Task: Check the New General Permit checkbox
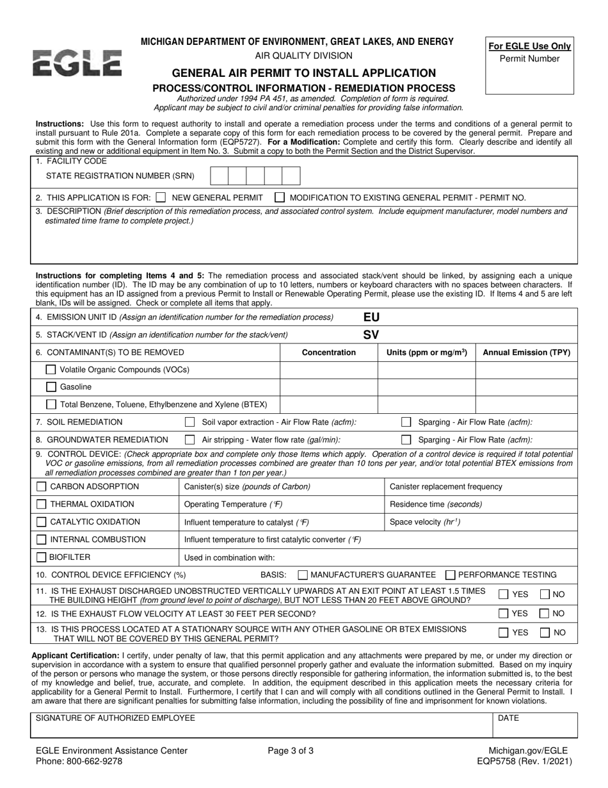click(x=161, y=197)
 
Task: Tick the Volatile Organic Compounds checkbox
click(x=51, y=370)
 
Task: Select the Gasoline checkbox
click(x=51, y=387)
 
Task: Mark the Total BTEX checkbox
click(x=51, y=404)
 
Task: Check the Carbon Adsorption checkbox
click(x=41, y=486)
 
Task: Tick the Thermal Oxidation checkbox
click(x=41, y=504)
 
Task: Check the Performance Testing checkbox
click(x=450, y=575)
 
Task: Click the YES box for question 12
click(x=504, y=613)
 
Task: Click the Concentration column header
click(x=329, y=352)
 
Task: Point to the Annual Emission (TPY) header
click(x=526, y=352)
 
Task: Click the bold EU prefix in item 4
click(x=371, y=317)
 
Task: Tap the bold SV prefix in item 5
click(x=371, y=334)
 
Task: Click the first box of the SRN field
click(x=219, y=176)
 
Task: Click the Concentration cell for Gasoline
click(x=329, y=387)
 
